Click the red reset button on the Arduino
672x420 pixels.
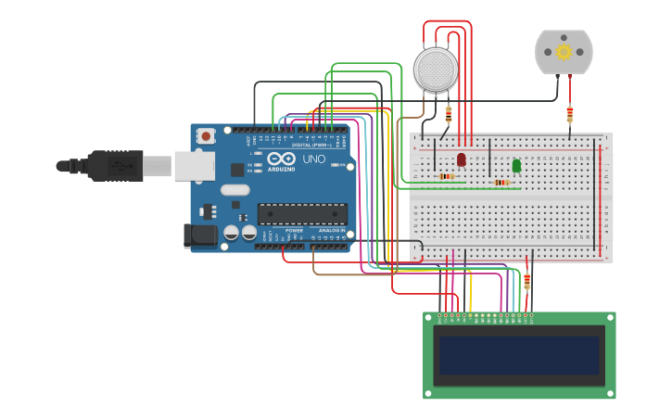[205, 136]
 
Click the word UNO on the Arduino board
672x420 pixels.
[314, 159]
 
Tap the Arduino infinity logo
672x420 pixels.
[281, 159]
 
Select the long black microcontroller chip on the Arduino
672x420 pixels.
[302, 214]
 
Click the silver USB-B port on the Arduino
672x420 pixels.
[195, 166]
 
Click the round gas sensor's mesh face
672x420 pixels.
[436, 70]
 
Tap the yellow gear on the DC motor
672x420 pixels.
[564, 52]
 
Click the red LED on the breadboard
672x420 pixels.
[462, 159]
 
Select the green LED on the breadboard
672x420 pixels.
[516, 165]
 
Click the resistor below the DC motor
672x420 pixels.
[569, 114]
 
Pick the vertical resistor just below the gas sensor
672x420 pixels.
[449, 114]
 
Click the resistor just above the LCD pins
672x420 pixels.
[527, 281]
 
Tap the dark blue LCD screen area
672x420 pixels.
[519, 355]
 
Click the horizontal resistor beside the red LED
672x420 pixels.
[446, 176]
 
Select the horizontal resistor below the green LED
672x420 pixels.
[501, 183]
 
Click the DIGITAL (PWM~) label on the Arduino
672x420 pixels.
[313, 145]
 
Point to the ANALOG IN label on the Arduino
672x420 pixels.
[331, 230]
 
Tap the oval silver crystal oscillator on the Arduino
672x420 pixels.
[235, 190]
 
